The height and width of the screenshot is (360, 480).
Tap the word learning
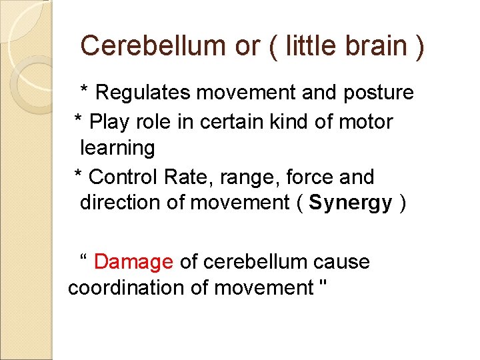[117, 148]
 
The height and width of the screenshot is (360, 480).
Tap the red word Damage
[133, 262]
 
